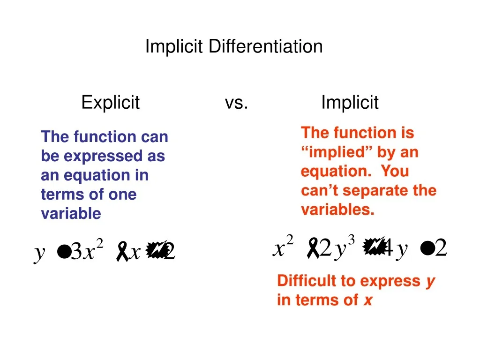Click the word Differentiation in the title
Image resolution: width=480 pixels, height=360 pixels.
point(265,46)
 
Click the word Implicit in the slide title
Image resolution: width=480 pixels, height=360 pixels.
point(174,46)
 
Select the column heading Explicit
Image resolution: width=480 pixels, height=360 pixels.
point(111,102)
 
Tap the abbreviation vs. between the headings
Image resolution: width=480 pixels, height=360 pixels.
point(236,102)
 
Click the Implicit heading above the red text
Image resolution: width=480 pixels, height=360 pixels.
point(350,102)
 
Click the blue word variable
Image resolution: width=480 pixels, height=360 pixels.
point(71,214)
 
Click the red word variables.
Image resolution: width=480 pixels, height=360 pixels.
point(337,210)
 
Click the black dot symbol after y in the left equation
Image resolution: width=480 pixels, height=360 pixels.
point(63,253)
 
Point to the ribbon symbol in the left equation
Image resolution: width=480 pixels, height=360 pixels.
point(123,252)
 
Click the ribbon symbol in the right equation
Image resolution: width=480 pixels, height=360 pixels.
point(312,248)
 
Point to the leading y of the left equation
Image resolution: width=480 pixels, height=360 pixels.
point(40,253)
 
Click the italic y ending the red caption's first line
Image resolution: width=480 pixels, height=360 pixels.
point(430,281)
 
